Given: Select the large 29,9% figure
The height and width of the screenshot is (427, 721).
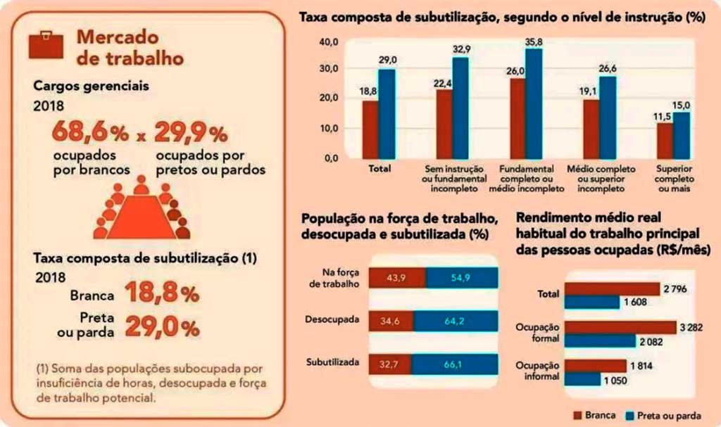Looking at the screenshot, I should tap(191, 132).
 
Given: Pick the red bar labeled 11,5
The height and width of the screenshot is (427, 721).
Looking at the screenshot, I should tap(664, 141).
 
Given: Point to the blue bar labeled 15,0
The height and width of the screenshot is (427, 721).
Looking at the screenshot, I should tap(681, 135).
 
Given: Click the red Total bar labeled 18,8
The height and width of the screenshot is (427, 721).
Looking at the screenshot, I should tap(370, 130).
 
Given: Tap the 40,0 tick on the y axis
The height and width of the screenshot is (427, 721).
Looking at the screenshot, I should tap(330, 42).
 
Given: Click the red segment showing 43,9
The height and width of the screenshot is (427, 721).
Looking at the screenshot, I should tap(397, 278).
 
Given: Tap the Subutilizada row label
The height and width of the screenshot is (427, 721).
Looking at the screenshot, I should tap(334, 362).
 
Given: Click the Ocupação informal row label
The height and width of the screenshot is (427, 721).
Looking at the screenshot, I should tap(537, 371).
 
